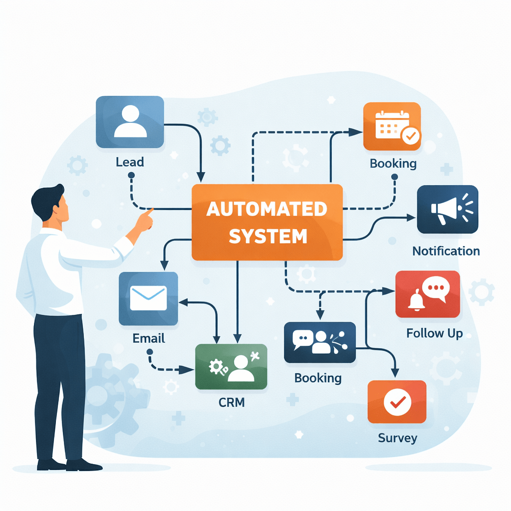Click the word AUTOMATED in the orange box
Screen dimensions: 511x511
(x=267, y=209)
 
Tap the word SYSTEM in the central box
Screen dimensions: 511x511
(x=267, y=236)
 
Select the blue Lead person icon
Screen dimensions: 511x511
(x=130, y=122)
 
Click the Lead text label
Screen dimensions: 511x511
(x=130, y=162)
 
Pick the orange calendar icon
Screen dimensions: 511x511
(x=392, y=126)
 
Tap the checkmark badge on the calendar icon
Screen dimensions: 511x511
(x=411, y=135)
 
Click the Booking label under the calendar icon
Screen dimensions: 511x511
(x=393, y=164)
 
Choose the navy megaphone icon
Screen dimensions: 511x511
(x=447, y=210)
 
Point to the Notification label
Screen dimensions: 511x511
(x=446, y=251)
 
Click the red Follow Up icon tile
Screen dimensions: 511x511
(x=427, y=294)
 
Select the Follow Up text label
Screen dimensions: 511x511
(x=434, y=333)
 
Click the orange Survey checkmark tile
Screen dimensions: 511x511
(x=397, y=402)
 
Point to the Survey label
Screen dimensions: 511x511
(x=397, y=439)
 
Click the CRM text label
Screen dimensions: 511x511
(x=232, y=402)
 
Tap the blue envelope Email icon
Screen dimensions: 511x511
(x=148, y=298)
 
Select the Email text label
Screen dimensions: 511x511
(x=149, y=338)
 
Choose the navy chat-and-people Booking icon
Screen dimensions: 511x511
(x=319, y=342)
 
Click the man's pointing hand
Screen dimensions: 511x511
(x=145, y=220)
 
